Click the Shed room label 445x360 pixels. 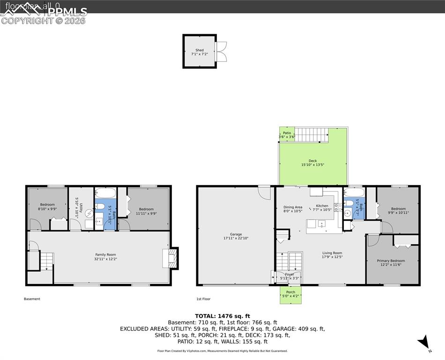pos(200,50)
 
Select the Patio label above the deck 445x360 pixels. pos(287,133)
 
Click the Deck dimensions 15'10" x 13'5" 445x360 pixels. pos(312,165)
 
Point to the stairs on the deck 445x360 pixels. pos(311,135)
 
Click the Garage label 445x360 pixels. pos(236,234)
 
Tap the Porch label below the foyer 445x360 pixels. pos(290,292)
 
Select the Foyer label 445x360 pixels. pos(289,275)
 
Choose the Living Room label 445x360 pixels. pos(332,253)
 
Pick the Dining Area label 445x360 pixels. pos(293,207)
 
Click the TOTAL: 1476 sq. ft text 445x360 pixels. pos(222,315)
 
